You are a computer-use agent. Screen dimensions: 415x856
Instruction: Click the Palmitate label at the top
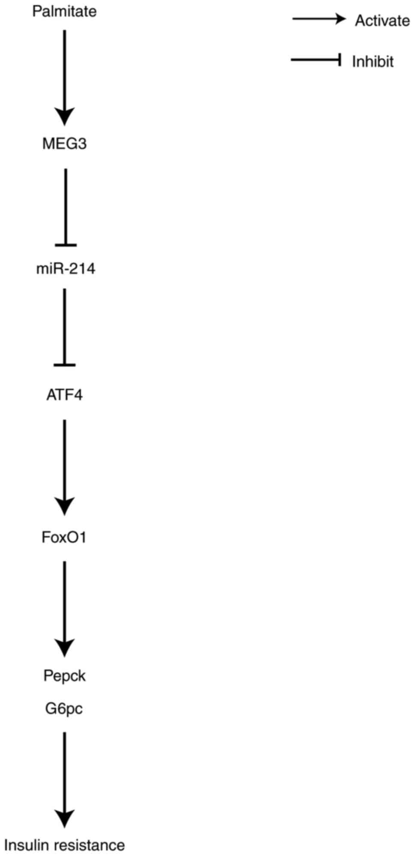[64, 11]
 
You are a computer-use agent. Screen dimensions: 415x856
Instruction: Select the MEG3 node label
[64, 144]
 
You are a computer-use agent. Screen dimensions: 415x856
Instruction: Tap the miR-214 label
[66, 269]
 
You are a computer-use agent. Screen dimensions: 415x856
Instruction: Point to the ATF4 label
[64, 394]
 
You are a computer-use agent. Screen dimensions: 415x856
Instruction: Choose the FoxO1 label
[64, 537]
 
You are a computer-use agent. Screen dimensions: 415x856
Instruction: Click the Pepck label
[64, 676]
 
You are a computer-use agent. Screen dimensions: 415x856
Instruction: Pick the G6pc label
[64, 709]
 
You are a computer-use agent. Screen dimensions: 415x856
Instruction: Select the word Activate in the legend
[382, 21]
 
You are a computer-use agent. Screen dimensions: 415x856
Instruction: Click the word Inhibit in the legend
[373, 62]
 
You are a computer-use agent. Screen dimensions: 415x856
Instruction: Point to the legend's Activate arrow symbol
[319, 19]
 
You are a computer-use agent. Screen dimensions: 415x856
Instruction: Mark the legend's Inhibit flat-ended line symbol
[316, 60]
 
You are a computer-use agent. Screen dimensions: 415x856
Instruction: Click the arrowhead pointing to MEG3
[65, 117]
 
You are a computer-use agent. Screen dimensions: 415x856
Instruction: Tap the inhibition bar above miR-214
[66, 245]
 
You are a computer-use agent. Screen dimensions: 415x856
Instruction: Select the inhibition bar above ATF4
[65, 365]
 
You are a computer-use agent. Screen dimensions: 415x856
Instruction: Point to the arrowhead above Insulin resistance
[65, 818]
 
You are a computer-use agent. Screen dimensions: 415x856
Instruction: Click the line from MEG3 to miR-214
[66, 206]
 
